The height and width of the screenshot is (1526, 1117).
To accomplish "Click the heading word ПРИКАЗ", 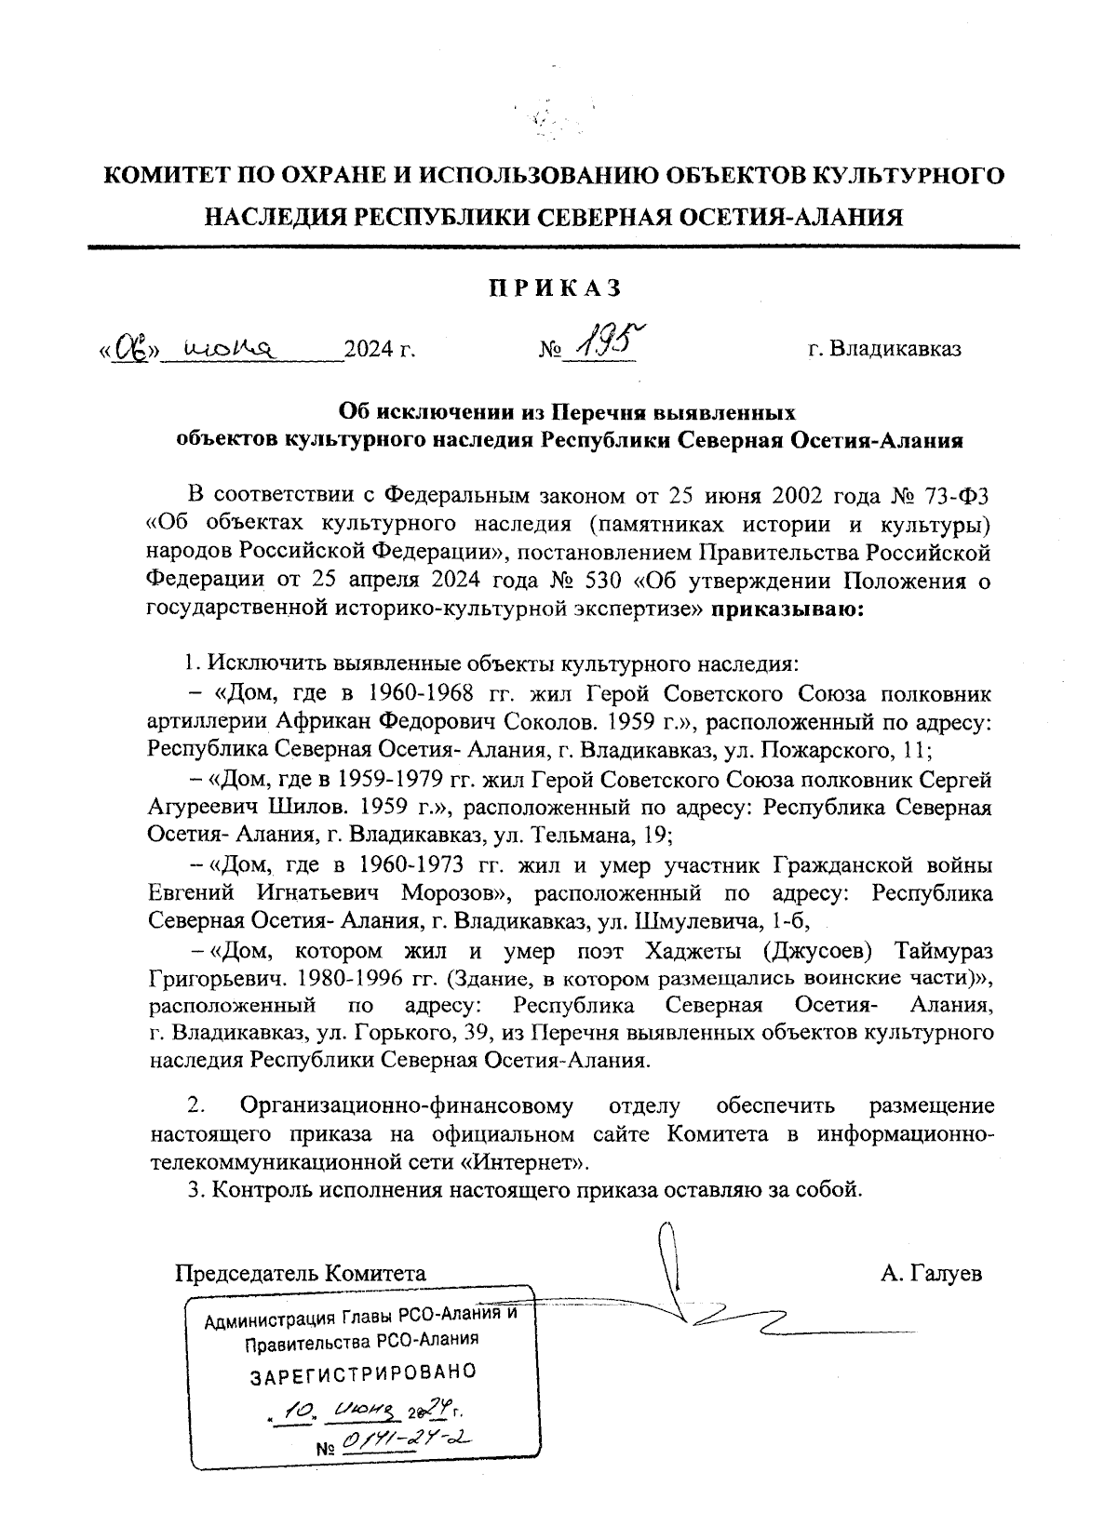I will click(555, 288).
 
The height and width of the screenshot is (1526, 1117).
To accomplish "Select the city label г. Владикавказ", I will click(883, 350).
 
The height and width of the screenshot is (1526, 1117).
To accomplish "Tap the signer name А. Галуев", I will click(931, 1273).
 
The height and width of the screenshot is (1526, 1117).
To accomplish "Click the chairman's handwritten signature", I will click(707, 1303).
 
